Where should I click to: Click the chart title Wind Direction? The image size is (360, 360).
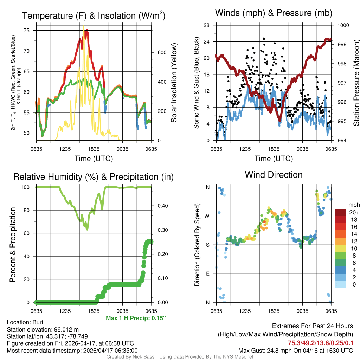click(274, 175)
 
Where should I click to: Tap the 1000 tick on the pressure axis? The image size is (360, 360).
click(343, 25)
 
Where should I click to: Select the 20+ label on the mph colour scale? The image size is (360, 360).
click(354, 212)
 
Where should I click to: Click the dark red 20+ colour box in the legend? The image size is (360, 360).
click(340, 212)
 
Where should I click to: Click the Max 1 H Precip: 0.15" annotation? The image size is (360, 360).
click(136, 319)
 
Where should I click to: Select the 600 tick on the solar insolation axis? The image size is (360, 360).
click(161, 52)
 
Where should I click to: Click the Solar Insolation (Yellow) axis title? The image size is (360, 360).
click(174, 83)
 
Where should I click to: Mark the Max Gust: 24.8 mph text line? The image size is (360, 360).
click(295, 350)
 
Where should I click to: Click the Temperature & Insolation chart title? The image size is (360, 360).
click(94, 16)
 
